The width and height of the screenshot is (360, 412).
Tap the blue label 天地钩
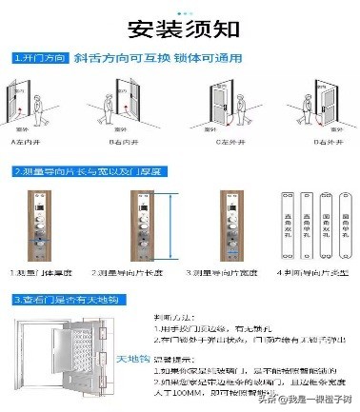coord(128,357)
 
